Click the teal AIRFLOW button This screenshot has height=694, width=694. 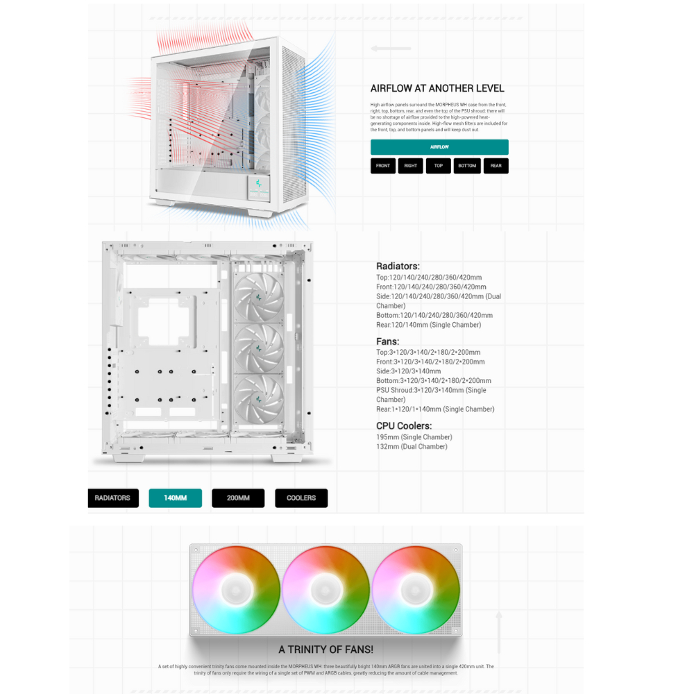pyautogui.click(x=439, y=147)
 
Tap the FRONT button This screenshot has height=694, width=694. pyautogui.click(x=383, y=166)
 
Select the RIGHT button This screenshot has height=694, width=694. pyautogui.click(x=411, y=166)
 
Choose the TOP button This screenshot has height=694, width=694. pyautogui.click(x=439, y=166)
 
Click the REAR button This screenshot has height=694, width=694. pyautogui.click(x=496, y=166)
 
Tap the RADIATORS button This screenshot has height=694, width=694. pyautogui.click(x=112, y=498)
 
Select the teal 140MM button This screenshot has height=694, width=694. pyautogui.click(x=175, y=498)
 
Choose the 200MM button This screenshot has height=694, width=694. pyautogui.click(x=238, y=498)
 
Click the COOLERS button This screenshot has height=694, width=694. pyautogui.click(x=301, y=498)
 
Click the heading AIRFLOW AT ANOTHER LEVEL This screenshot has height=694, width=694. pyautogui.click(x=437, y=88)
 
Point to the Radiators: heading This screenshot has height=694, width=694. pyautogui.click(x=398, y=266)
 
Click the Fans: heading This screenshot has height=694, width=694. pyautogui.click(x=387, y=341)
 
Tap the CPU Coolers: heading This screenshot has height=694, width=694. pyautogui.click(x=404, y=425)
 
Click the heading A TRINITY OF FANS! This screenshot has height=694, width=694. pyautogui.click(x=326, y=650)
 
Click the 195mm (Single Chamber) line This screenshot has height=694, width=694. pyautogui.click(x=414, y=437)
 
